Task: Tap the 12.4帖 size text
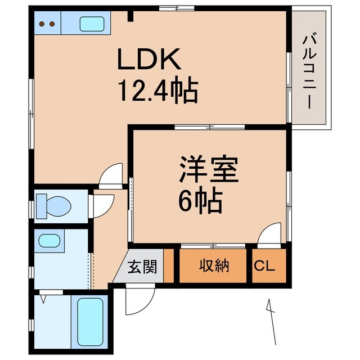[x=157, y=89]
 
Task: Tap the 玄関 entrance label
[x=144, y=266]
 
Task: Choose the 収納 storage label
[x=214, y=266]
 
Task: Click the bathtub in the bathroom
[x=90, y=323]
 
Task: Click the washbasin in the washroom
[x=49, y=241]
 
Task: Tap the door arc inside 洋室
[x=270, y=233]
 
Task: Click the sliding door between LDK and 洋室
[x=209, y=128]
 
